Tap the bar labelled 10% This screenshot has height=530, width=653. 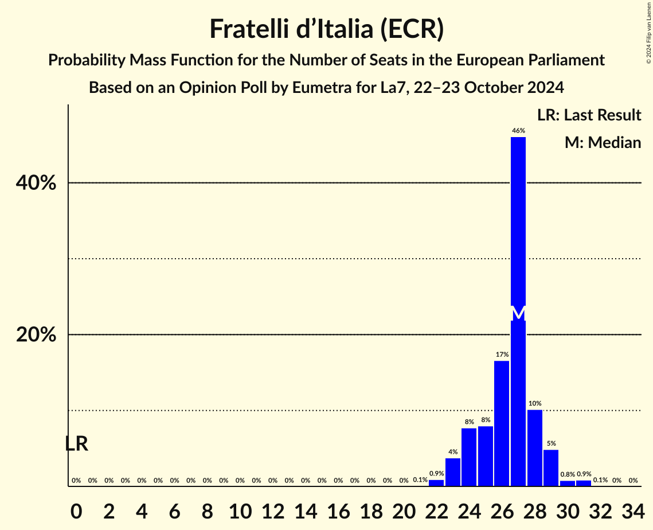534,448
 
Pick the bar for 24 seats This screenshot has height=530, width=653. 469,457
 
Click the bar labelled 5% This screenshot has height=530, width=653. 551,468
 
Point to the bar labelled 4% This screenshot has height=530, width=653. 452,472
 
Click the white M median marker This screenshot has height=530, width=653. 518,313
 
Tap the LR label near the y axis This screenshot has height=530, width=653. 76,443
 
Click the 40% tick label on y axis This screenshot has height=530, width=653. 36,183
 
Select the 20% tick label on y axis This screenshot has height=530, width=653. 36,334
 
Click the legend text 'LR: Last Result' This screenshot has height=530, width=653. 589,115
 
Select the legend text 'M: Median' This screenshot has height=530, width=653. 603,142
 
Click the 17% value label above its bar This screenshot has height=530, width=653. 502,354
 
